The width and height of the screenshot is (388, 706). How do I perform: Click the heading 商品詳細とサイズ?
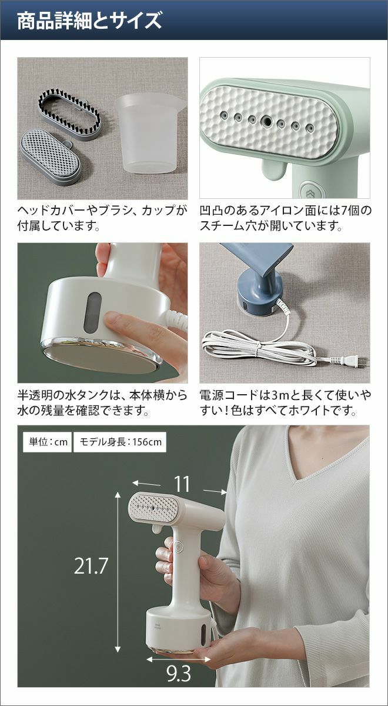pos(89,21)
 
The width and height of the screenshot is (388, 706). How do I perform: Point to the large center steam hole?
pos(267,120)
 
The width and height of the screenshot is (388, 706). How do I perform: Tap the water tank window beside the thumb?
pos(93,312)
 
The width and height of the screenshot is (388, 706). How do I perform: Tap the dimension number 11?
pos(182,484)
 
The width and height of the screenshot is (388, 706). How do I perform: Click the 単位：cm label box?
pos(48,442)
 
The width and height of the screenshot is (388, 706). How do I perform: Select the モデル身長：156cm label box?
pos(120,442)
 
